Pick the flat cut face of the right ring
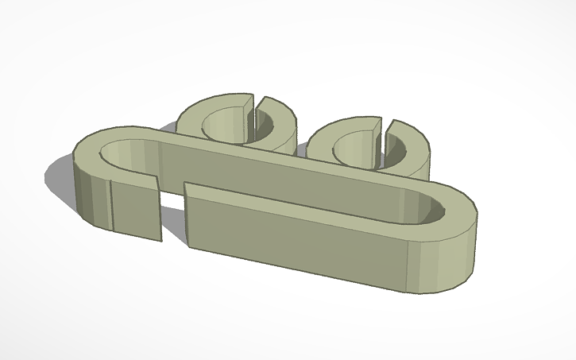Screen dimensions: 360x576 (372, 143)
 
